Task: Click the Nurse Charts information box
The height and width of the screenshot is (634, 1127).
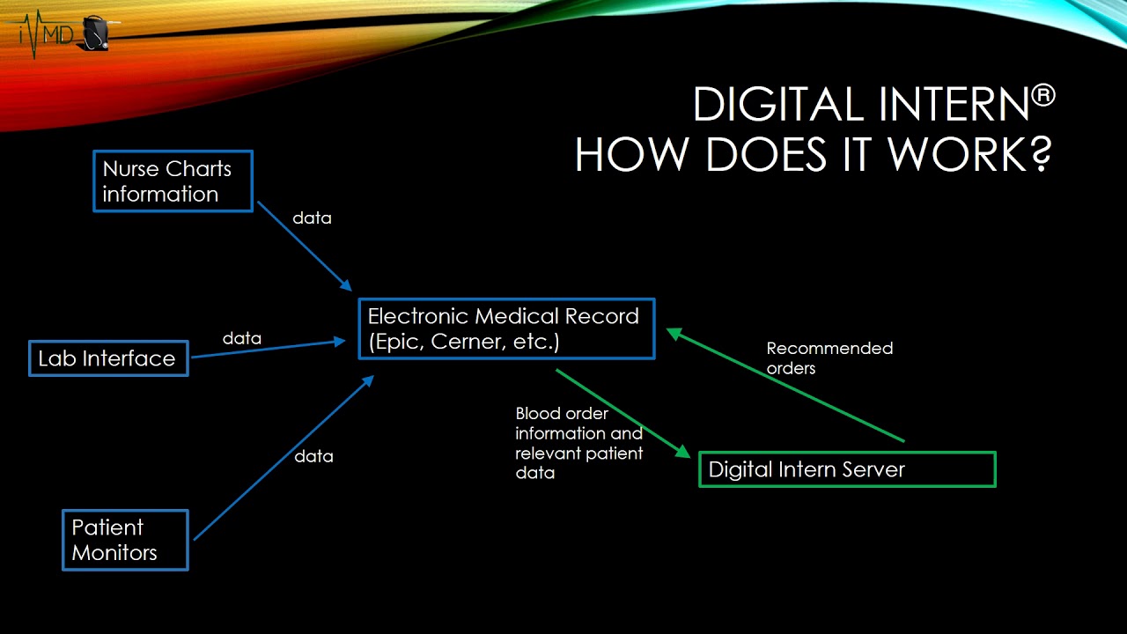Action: [173, 181]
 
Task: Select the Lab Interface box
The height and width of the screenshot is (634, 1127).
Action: [108, 358]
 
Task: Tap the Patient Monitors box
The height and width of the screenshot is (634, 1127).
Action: [125, 540]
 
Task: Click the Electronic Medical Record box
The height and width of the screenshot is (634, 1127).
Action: [506, 328]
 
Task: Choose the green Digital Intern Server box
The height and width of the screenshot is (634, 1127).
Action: [847, 469]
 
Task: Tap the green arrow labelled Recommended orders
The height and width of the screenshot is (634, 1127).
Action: [784, 386]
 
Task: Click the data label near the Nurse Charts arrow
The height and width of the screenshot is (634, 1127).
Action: [312, 217]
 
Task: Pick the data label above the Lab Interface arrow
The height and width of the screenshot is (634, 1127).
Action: [241, 338]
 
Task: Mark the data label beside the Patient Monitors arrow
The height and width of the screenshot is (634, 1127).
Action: [313, 456]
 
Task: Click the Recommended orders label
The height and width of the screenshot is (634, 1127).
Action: [829, 358]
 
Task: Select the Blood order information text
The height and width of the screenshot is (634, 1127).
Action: [578, 443]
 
